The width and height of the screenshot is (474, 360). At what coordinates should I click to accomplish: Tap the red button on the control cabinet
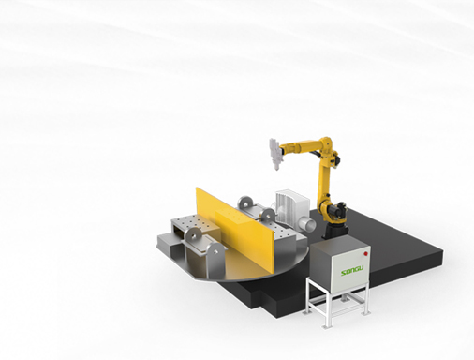pyautogui.click(x=364, y=253)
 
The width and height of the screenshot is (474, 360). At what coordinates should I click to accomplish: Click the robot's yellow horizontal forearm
pyautogui.click(x=300, y=146)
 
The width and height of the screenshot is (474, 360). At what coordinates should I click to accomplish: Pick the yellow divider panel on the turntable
pyautogui.click(x=235, y=232)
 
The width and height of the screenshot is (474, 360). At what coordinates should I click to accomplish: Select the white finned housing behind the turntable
pyautogui.click(x=291, y=204)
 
